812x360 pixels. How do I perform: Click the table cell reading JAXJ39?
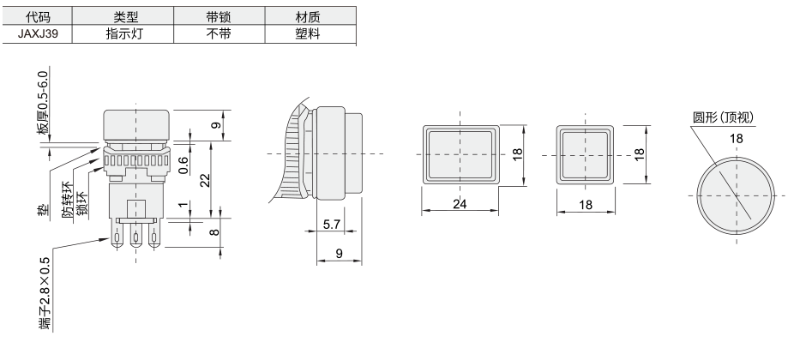tap(37, 34)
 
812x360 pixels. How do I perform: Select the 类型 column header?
tap(123, 16)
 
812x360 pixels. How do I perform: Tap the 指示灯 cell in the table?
tap(123, 34)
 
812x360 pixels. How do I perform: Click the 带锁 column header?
tap(218, 16)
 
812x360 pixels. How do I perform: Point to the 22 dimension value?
tap(205, 180)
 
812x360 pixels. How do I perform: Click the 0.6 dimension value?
tap(183, 165)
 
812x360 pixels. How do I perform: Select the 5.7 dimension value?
tap(332, 225)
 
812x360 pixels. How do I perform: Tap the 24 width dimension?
tap(460, 204)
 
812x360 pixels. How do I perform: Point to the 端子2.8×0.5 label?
tap(45, 294)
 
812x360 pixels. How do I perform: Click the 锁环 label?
tap(82, 203)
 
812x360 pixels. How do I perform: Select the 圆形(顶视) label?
tap(724, 117)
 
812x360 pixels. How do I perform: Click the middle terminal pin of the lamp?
tap(136, 238)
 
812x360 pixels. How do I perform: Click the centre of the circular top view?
tap(736, 195)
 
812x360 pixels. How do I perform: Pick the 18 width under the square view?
tap(586, 205)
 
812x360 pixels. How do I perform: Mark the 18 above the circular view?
tap(736, 138)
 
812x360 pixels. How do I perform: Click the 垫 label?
tap(44, 209)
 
